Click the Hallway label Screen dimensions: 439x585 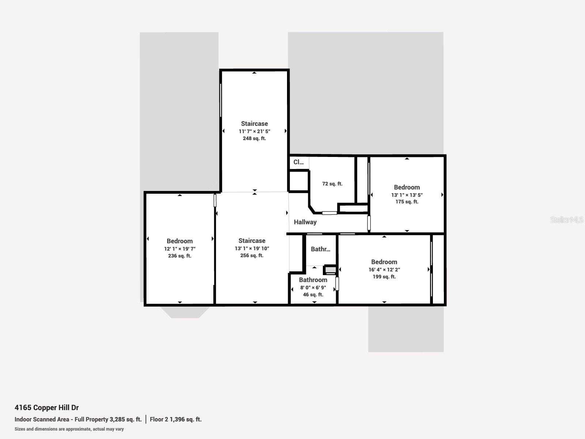click(305, 222)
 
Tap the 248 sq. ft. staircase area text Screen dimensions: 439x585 click(254, 139)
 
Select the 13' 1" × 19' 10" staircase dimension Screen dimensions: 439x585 click(252, 248)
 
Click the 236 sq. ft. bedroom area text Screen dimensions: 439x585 click(180, 256)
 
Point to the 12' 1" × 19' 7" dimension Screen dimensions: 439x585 click(180, 249)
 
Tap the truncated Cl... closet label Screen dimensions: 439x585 click(298, 162)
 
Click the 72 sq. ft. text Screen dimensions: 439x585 click(332, 184)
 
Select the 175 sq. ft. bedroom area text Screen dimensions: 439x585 click(407, 202)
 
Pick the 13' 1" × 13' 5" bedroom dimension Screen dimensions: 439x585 click(407, 195)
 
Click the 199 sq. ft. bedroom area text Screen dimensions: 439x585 click(384, 277)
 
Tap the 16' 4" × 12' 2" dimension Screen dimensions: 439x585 click(384, 270)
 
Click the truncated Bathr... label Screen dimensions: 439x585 click(320, 249)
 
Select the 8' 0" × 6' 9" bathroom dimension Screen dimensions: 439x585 click(313, 288)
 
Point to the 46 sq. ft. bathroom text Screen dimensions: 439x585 click(313, 294)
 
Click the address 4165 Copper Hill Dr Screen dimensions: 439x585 click(46, 408)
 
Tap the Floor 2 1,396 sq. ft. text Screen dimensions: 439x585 click(175, 420)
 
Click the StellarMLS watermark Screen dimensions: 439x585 click(566, 220)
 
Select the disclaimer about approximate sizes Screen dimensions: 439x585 click(69, 429)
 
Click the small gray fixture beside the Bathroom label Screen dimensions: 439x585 click(330, 270)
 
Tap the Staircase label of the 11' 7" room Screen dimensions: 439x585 click(254, 124)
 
